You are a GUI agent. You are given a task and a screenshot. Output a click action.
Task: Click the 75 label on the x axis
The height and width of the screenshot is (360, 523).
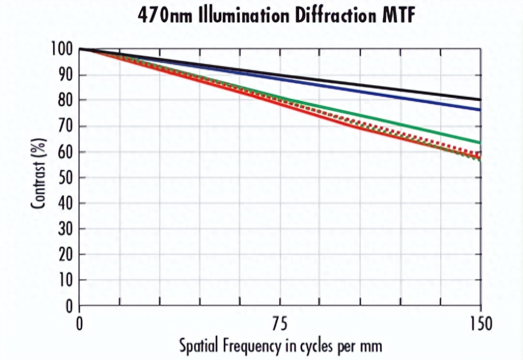(x=280, y=325)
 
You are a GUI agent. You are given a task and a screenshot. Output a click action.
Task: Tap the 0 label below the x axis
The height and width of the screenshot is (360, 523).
(x=80, y=325)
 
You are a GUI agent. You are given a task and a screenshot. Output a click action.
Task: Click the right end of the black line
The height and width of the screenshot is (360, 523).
(x=480, y=99)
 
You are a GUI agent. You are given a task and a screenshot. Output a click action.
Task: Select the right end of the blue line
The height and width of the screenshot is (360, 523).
(x=480, y=110)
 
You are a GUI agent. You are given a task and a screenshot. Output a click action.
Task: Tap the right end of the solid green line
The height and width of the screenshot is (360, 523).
(x=480, y=142)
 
